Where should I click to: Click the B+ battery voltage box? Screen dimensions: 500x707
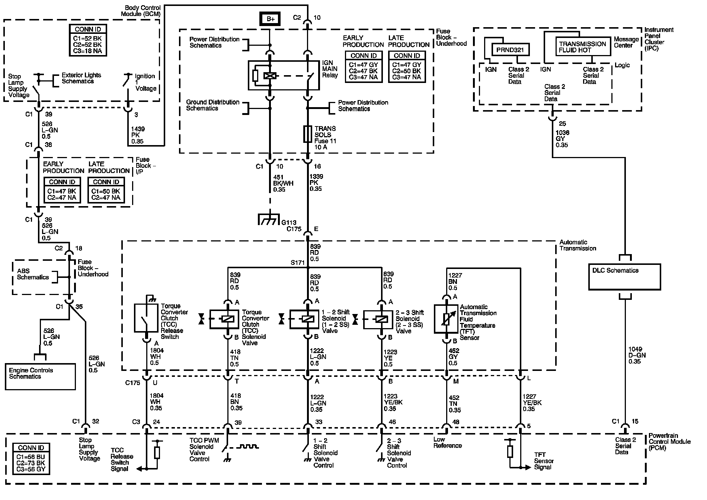click(271, 19)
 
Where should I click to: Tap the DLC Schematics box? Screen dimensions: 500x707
click(624, 276)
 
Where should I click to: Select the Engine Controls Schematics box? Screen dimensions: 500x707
click(40, 376)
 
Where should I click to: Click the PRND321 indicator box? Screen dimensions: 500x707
click(510, 49)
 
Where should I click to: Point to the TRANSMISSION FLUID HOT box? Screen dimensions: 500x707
click(583, 47)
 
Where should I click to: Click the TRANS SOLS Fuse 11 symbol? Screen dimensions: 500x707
click(307, 134)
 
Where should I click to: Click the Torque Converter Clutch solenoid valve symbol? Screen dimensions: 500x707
click(227, 319)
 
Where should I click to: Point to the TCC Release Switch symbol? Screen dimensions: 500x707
click(146, 318)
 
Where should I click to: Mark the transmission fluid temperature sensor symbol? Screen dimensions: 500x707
click(446, 319)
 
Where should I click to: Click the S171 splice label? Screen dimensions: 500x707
click(297, 263)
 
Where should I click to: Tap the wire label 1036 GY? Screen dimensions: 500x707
click(562, 139)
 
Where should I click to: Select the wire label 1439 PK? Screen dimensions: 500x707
click(138, 135)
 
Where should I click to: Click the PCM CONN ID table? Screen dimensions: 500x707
click(31, 458)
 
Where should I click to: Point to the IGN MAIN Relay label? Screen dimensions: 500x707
click(330, 69)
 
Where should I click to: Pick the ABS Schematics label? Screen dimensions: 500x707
click(32, 274)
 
